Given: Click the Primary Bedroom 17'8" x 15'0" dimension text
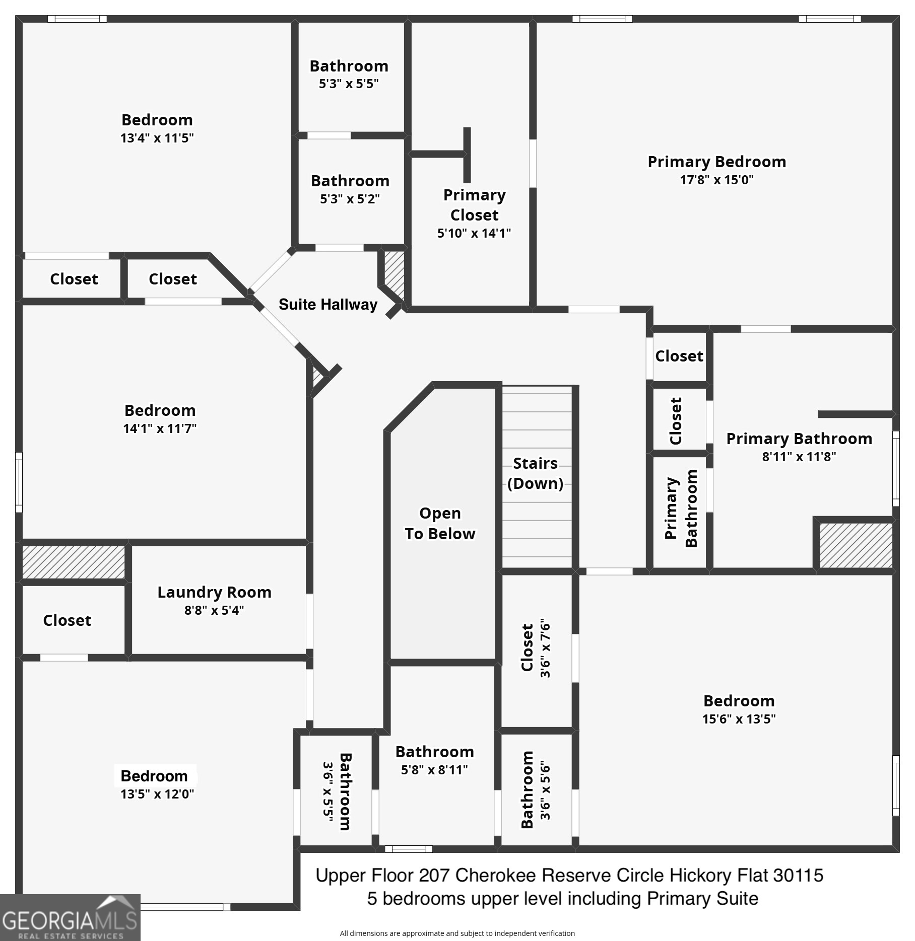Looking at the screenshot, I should pos(716,180).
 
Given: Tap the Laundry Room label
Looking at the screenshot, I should pos(214,592).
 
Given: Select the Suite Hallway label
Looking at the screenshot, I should pos(328,305).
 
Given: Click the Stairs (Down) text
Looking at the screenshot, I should pos(535,473).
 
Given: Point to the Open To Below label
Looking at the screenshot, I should pos(440,524).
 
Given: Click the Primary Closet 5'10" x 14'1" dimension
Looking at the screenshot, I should pos(474,233).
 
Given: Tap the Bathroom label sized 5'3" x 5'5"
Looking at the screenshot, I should pos(349,66).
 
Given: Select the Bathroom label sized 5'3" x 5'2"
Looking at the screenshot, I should pos(350,181).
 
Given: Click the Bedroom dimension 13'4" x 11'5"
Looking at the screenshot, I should pos(157,138).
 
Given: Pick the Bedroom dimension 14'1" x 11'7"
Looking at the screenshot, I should pos(160,428).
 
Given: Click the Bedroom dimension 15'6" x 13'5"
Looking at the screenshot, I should pos(739,719).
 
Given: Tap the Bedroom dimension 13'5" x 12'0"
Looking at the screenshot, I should pos(157,794).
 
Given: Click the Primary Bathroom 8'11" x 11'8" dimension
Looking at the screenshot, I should pos(799,457).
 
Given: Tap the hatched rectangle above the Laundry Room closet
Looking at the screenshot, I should pos(74,562).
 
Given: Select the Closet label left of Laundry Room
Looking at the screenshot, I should pos(67,620).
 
